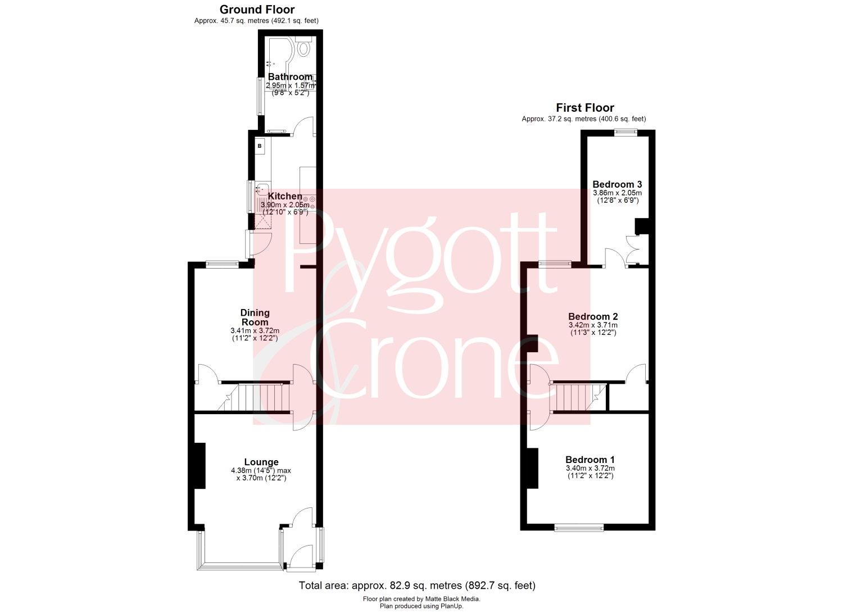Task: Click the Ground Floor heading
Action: tap(257, 10)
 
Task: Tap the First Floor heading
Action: tap(585, 108)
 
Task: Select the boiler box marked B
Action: tap(260, 146)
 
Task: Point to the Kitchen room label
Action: tap(285, 196)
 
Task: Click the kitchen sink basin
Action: tap(262, 189)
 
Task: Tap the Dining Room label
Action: tap(255, 317)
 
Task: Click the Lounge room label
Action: tap(261, 462)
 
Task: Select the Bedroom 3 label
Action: tap(617, 184)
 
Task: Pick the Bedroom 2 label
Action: tap(593, 316)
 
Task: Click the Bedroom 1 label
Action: tap(590, 460)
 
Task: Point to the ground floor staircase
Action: tap(253, 397)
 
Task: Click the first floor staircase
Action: tap(578, 397)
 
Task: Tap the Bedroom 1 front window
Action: tap(579, 528)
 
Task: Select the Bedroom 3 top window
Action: tap(626, 132)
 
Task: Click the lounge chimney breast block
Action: tap(200, 466)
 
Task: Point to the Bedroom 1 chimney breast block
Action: tap(533, 468)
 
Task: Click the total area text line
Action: tap(417, 585)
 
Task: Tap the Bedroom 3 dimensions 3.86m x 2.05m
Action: tap(617, 193)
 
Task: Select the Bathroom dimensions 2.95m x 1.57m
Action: tap(290, 85)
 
